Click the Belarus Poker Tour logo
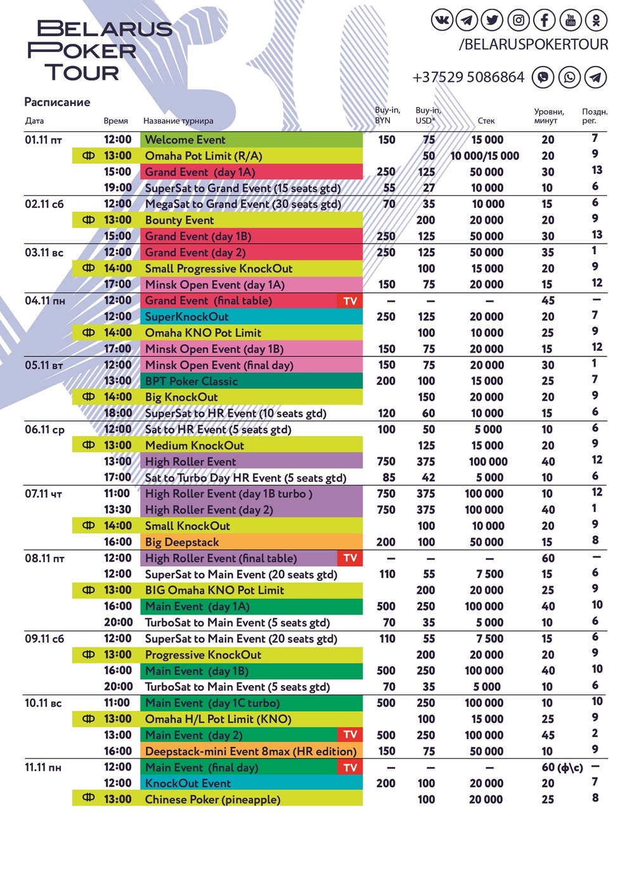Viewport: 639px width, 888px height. (100, 51)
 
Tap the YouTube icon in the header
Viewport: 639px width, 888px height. (570, 20)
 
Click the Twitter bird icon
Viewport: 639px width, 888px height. (493, 20)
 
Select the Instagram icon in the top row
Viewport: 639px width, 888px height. (519, 20)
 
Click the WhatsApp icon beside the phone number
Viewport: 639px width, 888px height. (569, 77)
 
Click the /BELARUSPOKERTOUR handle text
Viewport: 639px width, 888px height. (533, 44)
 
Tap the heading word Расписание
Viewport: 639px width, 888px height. (57, 102)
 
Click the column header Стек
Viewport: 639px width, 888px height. (486, 121)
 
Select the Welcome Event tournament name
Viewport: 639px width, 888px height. (185, 140)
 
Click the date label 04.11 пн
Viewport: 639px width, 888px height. (45, 301)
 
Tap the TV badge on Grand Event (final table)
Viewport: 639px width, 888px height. (350, 301)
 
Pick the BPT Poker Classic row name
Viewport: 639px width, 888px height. (191, 381)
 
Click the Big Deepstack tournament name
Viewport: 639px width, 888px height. (182, 542)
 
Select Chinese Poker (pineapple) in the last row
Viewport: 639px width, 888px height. (212, 799)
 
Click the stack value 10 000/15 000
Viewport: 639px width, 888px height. (484, 156)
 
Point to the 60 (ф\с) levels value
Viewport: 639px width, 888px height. (562, 767)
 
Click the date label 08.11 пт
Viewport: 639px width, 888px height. (44, 559)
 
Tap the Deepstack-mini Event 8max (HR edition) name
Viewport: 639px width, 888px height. (250, 751)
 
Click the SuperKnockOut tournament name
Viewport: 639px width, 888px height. (186, 317)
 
